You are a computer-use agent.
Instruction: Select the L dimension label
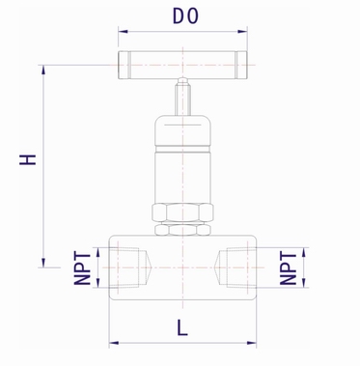coord(181,327)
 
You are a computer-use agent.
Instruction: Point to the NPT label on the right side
coord(288,266)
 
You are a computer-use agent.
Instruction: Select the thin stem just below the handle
coord(181,97)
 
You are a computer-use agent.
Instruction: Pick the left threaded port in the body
coord(128,266)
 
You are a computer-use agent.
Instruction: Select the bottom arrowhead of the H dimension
coord(43,261)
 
